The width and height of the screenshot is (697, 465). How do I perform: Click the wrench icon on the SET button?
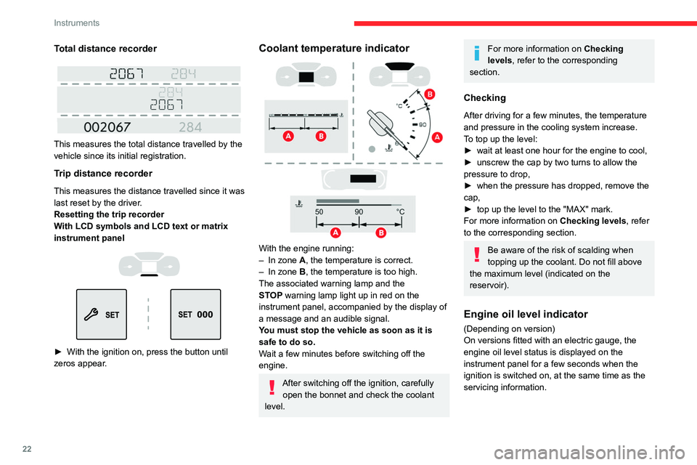coord(93,315)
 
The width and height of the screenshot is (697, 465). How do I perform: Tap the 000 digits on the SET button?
coord(205,315)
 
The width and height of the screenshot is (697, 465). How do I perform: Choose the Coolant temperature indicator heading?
coord(333,49)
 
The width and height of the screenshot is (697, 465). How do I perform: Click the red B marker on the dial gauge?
coord(430,94)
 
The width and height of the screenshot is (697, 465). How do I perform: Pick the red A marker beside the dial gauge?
coord(437,137)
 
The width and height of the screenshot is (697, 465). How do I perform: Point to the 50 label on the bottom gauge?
coord(319,211)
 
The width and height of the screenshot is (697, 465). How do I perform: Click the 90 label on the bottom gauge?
coord(359,211)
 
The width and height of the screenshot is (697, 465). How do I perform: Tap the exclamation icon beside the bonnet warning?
coord(270,387)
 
